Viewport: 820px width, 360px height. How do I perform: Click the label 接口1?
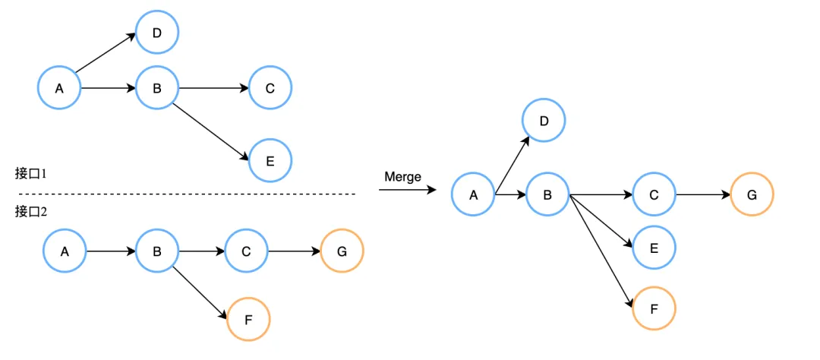(x=31, y=173)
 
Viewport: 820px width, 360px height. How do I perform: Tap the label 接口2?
(x=31, y=212)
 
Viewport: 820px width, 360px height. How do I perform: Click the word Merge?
(x=402, y=177)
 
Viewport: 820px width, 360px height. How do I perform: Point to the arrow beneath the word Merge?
(x=408, y=191)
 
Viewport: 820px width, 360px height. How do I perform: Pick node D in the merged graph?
(x=544, y=121)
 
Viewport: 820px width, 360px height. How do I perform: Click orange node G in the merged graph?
(x=752, y=195)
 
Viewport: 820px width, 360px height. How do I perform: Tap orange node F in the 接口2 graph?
(x=249, y=319)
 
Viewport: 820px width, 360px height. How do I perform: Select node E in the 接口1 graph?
(x=270, y=160)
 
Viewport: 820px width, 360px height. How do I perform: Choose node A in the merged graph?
(x=473, y=195)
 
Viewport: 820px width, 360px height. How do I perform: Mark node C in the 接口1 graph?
(x=270, y=88)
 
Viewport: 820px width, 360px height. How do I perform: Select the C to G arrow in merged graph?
(x=702, y=195)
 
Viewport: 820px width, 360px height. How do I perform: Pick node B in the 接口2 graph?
(x=157, y=250)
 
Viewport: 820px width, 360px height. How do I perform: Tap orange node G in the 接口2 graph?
(x=342, y=250)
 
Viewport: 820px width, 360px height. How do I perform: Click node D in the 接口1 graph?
(x=157, y=33)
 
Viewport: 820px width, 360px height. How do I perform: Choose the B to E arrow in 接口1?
(x=211, y=131)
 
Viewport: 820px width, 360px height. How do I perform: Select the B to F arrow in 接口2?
(x=200, y=292)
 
